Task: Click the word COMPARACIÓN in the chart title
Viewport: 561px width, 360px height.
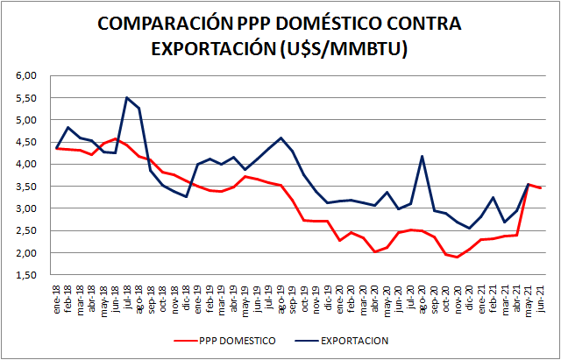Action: tap(152, 24)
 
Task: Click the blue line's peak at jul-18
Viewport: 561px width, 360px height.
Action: tap(127, 97)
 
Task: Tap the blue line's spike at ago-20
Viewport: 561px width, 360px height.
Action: tap(423, 157)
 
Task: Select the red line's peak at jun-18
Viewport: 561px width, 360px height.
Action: tap(116, 138)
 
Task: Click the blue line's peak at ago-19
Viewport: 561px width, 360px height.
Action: tap(280, 138)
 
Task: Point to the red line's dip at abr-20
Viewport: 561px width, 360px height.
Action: tap(375, 252)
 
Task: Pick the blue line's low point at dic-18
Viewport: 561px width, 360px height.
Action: tap(186, 196)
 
